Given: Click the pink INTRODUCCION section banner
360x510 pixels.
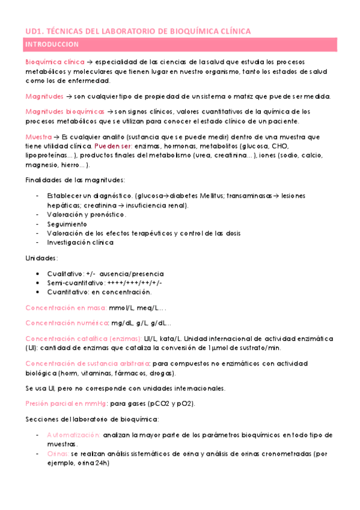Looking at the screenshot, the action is point(180,45).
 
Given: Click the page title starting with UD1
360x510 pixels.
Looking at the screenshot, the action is point(138,31).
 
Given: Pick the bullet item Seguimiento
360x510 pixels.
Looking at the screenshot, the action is point(67,224).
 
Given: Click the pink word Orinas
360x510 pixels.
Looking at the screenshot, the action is point(57,453).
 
